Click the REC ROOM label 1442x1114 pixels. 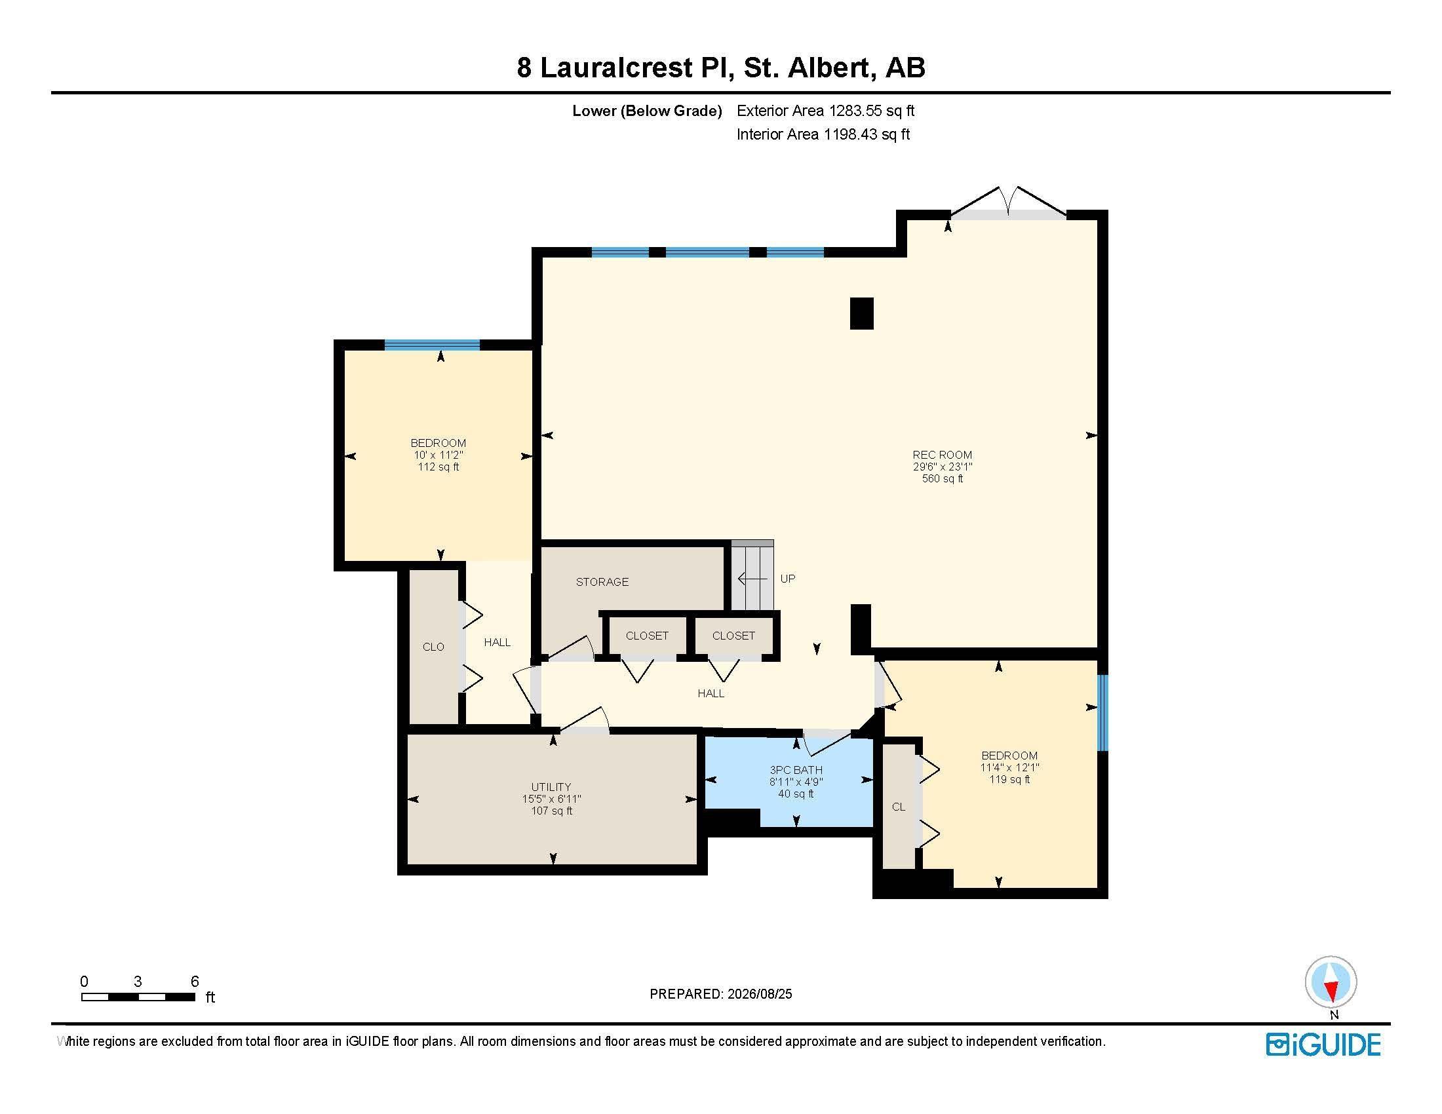coord(942,455)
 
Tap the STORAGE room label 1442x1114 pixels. coord(602,581)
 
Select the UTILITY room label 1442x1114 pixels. coord(551,786)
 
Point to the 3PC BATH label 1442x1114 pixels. coord(796,769)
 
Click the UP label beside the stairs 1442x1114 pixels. coord(788,579)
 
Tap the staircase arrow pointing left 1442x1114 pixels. coord(752,579)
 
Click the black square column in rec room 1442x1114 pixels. coord(862,313)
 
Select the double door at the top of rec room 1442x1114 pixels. coord(1008,202)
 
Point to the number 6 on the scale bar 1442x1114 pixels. coord(195,982)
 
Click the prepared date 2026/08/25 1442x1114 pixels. coord(759,994)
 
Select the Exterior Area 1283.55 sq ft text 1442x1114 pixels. coord(825,111)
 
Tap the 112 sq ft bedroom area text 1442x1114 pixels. coord(438,467)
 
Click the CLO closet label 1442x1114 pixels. coord(433,647)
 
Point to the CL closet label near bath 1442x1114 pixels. coord(899,807)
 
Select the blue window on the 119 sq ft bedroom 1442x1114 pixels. coord(1102,713)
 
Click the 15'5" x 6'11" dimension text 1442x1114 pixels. coord(551,799)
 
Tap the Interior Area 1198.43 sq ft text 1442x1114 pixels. coord(823,134)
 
